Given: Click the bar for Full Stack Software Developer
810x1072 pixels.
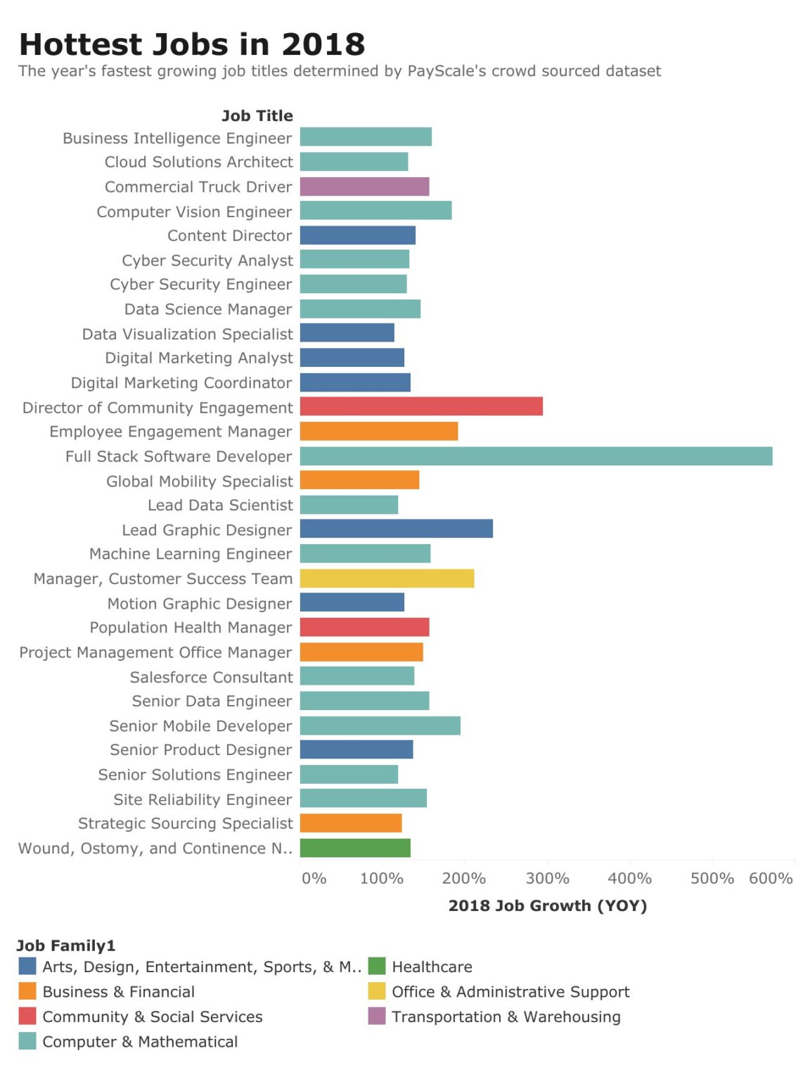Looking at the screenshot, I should pos(536,456).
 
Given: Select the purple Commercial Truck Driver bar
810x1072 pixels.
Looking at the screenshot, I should pos(364,187).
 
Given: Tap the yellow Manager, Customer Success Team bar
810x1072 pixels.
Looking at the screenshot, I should pos(387,579).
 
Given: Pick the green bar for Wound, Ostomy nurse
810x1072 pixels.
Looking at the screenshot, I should pos(355,848).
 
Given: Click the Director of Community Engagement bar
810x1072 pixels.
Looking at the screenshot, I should pos(421,406).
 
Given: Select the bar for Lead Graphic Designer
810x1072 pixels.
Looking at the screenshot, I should pos(396,529).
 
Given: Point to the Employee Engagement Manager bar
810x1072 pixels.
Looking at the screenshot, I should pos(378,432).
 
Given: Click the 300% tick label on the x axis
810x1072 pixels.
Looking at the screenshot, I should pos(547,878).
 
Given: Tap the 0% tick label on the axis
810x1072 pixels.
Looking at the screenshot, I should pos(314,878).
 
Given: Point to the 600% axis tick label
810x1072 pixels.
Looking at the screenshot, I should pos(771,878).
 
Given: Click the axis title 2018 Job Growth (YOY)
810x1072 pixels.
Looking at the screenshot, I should pos(547,905).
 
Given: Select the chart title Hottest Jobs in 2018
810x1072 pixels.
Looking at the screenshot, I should pos(192,44).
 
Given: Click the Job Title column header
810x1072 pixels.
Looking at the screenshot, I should pos(257,116).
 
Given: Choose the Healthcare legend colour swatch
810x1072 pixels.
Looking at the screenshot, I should pos(377,967).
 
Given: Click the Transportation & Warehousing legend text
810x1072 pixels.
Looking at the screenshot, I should pos(506,1016).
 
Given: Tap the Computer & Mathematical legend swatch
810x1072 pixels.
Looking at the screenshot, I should pos(27,1041).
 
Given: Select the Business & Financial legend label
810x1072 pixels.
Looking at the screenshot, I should pos(118,992).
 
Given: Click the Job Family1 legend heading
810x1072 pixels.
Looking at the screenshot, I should pos(65,945).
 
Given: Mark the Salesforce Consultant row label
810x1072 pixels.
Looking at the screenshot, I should pos(211,677).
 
